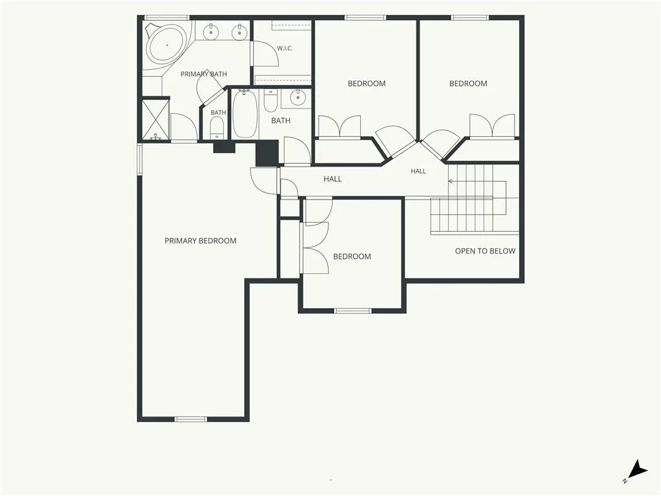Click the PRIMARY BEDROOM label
200,241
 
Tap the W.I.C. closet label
285,48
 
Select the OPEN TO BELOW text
485,251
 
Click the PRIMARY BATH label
203,74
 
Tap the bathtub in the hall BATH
245,113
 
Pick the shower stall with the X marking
156,119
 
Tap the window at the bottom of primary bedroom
190,419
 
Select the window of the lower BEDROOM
353,311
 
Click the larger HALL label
332,180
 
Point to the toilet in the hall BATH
270,101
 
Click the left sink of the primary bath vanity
210,32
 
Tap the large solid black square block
267,152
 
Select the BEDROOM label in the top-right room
468,83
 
